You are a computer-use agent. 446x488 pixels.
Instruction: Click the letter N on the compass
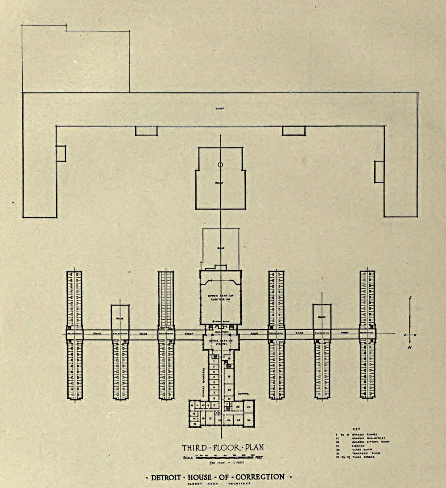tap(409, 347)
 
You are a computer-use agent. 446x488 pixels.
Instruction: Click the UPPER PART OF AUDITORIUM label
tap(220, 297)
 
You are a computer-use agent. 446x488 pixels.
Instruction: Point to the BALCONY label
tap(221, 332)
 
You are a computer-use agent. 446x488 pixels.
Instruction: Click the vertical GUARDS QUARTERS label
tap(204, 379)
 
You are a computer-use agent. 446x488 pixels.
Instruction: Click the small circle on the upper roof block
tap(220, 165)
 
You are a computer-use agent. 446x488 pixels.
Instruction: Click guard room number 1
tap(215, 360)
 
